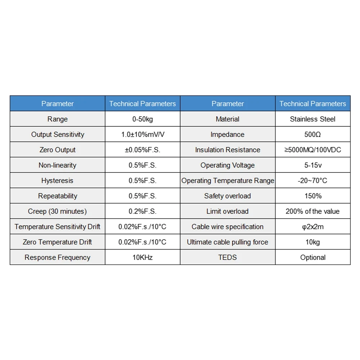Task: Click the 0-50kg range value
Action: [x=142, y=119]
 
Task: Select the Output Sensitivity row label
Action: [x=58, y=134]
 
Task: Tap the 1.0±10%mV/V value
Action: [x=142, y=134]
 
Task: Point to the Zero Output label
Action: [x=58, y=150]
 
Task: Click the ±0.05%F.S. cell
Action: [x=142, y=150]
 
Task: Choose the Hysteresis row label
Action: [x=58, y=180]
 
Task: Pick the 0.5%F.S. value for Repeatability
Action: [x=142, y=196]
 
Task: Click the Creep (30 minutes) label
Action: [x=58, y=211]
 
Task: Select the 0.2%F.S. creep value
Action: [x=142, y=211]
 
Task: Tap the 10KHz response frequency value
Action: [x=142, y=257]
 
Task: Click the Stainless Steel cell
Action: [x=312, y=119]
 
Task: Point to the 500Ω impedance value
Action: [x=312, y=134]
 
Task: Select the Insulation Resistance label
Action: [x=228, y=150]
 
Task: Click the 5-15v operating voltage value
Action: [x=312, y=165]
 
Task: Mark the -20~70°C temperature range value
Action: [x=312, y=180]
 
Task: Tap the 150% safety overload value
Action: [x=312, y=196]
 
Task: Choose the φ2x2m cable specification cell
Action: [x=312, y=227]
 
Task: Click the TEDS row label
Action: [x=228, y=257]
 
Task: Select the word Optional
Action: [x=312, y=257]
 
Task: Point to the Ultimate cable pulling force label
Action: [x=228, y=242]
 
